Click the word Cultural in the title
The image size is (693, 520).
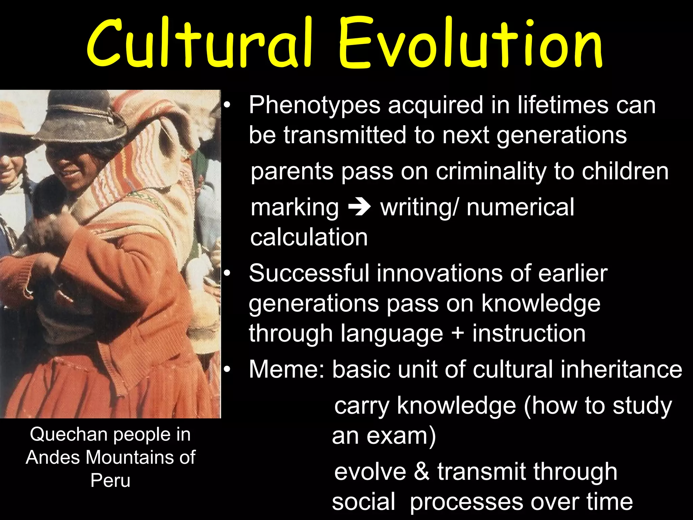click(x=200, y=44)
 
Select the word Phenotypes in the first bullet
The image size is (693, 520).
click(x=315, y=106)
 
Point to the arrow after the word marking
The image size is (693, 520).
click(x=359, y=208)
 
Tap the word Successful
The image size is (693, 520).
click(x=309, y=273)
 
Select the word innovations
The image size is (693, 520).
click(x=440, y=273)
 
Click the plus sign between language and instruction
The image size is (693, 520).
click(x=457, y=333)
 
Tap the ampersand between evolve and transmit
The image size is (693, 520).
click(x=421, y=471)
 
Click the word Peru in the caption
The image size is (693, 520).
click(x=110, y=480)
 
